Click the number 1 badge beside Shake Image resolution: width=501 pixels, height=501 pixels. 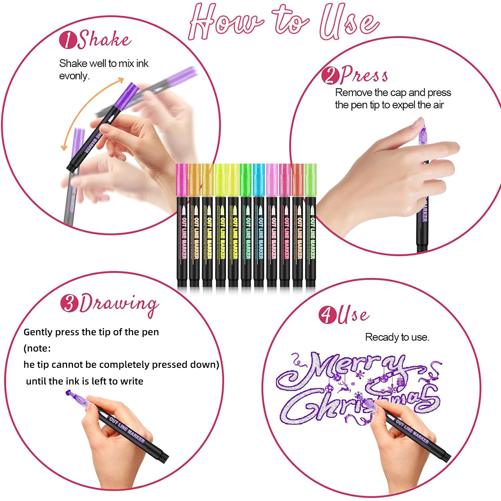[x=67, y=40]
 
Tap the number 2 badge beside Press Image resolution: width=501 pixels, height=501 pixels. [x=330, y=76]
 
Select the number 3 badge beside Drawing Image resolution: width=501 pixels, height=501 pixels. [x=69, y=304]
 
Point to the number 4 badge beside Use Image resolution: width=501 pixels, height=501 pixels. [x=327, y=315]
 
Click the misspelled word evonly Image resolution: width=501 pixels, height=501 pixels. [x=74, y=76]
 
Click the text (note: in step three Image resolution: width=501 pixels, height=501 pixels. [x=37, y=348]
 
